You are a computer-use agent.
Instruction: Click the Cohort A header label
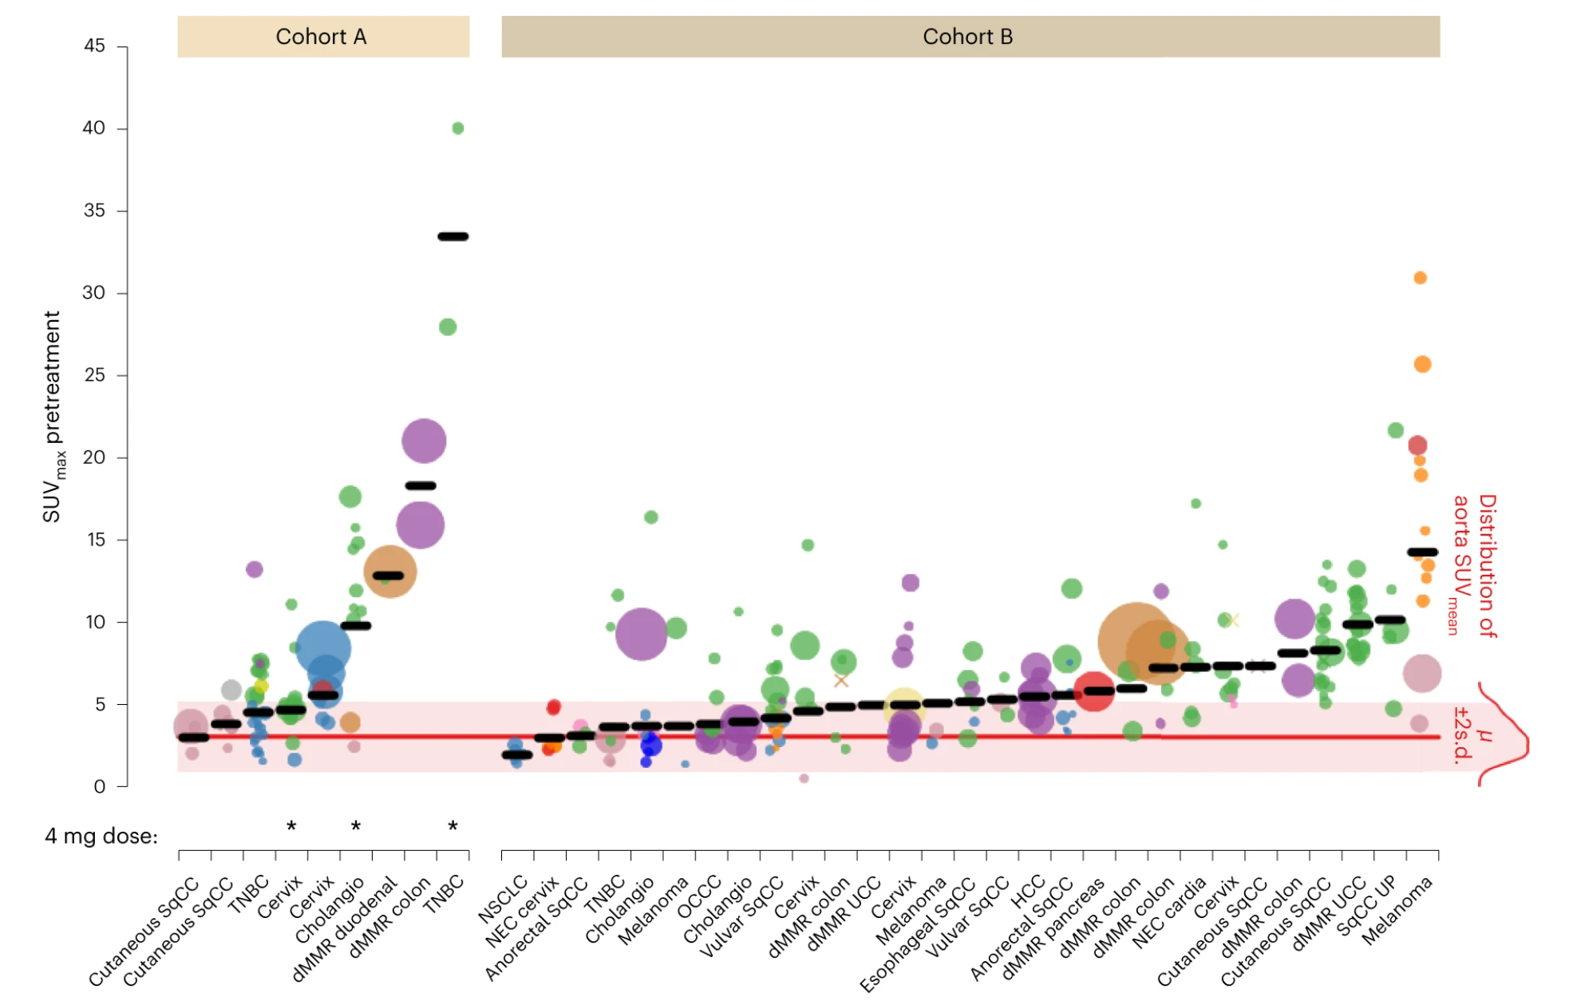[x=321, y=37]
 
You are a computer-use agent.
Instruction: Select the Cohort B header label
[x=967, y=37]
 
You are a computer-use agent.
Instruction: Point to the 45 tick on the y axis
[x=94, y=46]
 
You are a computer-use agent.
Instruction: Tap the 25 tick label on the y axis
[x=94, y=375]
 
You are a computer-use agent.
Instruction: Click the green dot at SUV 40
[x=457, y=129]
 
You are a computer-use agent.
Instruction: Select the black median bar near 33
[x=453, y=236]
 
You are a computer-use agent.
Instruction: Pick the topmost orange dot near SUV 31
[x=1420, y=278]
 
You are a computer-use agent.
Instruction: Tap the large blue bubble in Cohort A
[x=323, y=647]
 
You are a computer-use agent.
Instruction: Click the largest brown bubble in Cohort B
[x=1134, y=640]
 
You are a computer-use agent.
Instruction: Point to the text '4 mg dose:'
[x=101, y=836]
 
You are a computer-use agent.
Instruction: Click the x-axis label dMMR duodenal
[x=344, y=928]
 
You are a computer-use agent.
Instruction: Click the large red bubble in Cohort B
[x=1093, y=690]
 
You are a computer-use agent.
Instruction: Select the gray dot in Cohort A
[x=231, y=690]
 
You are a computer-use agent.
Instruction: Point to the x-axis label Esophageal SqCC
[x=918, y=935]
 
